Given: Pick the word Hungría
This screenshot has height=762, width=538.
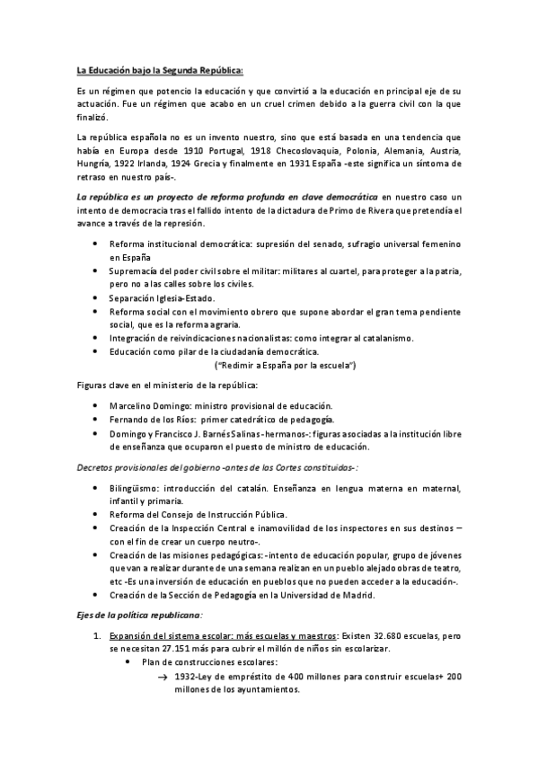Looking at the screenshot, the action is click(95, 164).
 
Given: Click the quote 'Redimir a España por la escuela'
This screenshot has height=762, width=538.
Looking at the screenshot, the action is click(286, 366).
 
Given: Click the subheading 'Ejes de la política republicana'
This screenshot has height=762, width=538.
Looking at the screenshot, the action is click(139, 615).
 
